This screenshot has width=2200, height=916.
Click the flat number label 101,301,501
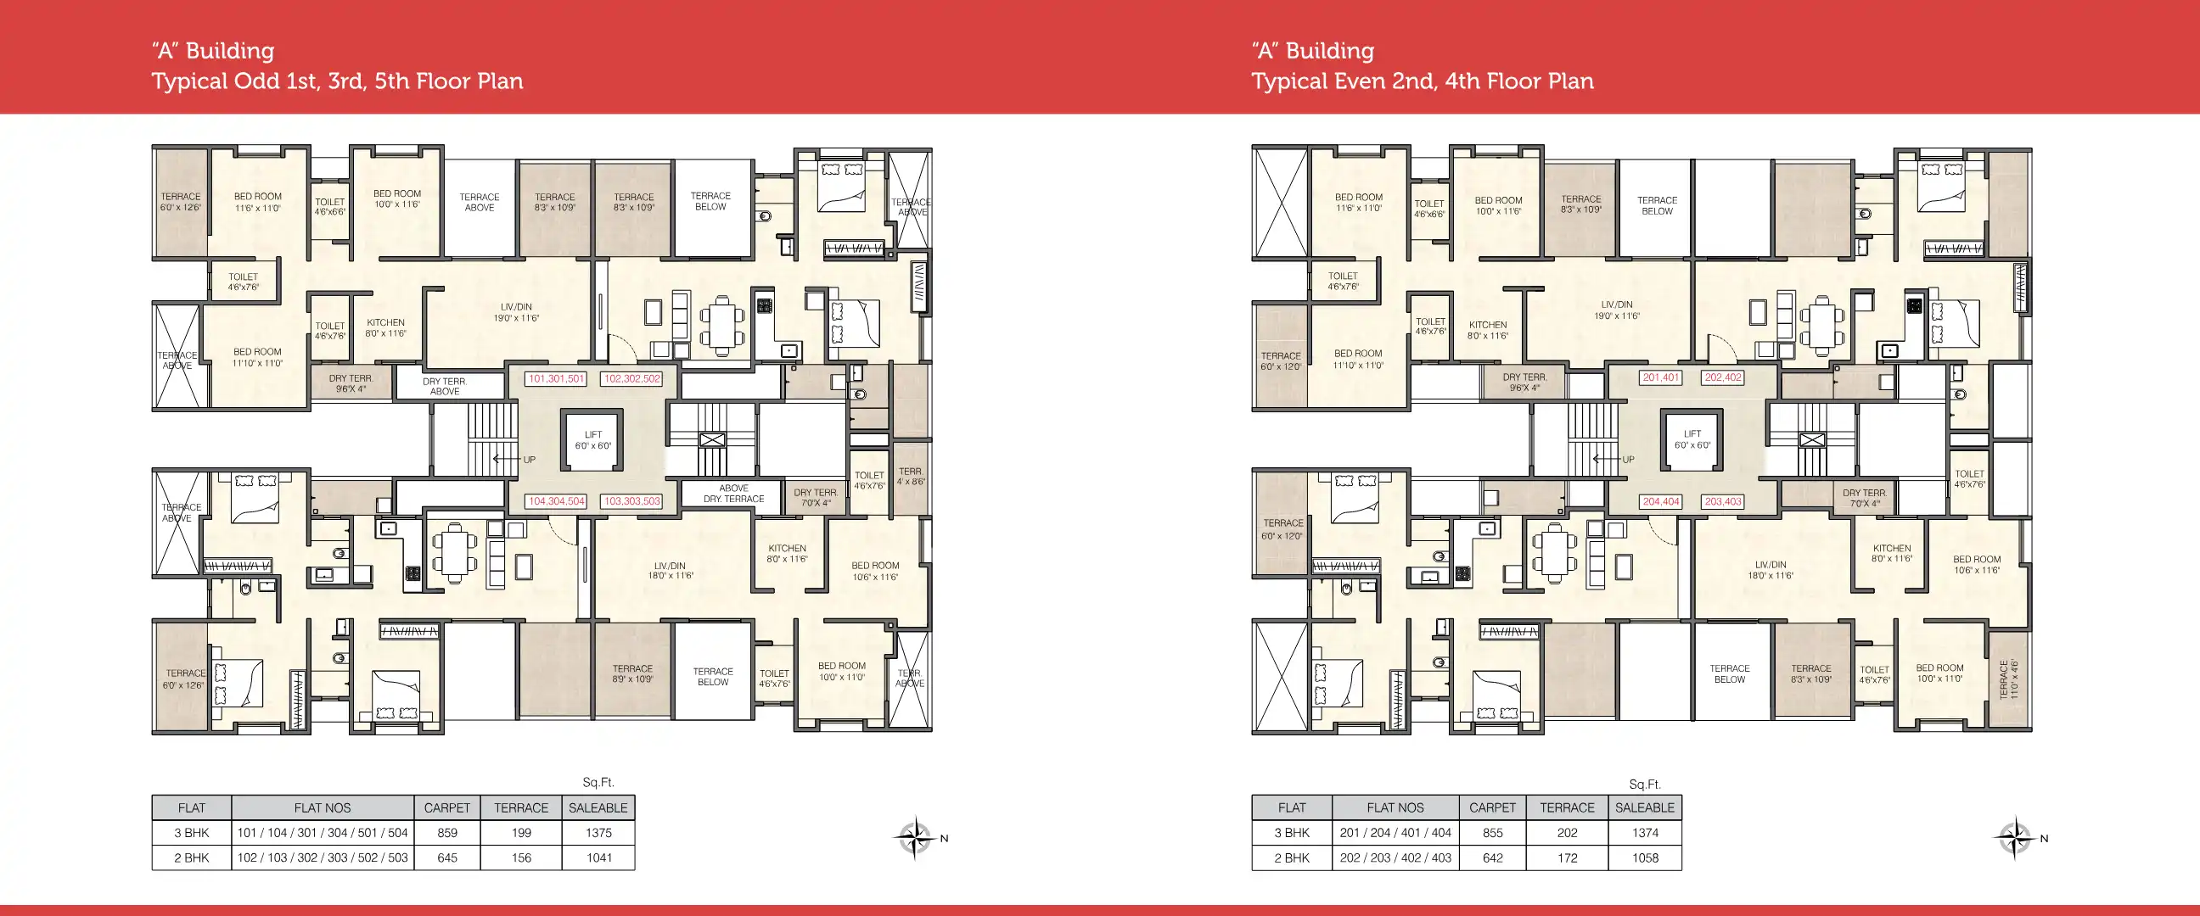pyautogui.click(x=556, y=378)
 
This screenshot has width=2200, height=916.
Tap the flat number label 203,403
pyautogui.click(x=1723, y=502)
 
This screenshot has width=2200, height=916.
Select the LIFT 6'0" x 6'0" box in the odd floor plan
pyautogui.click(x=592, y=439)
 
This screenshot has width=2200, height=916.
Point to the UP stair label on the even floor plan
pyautogui.click(x=1628, y=460)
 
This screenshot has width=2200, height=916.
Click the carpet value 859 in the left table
pyautogui.click(x=446, y=832)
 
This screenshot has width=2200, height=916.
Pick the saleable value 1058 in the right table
pyautogui.click(x=1644, y=858)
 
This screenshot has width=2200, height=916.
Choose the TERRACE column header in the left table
pyautogui.click(x=521, y=807)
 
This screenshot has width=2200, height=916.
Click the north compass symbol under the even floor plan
pyautogui.click(x=2015, y=837)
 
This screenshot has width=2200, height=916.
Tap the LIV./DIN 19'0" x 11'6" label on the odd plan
pyautogui.click(x=516, y=312)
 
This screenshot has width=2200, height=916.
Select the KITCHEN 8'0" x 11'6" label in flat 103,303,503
pyautogui.click(x=787, y=554)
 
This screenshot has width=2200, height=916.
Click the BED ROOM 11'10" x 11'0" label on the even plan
pyautogui.click(x=1358, y=359)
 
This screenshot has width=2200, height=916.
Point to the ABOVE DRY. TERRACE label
pyautogui.click(x=733, y=494)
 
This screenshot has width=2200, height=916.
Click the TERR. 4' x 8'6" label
pyautogui.click(x=911, y=477)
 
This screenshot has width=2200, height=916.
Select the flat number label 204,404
pyautogui.click(x=1660, y=502)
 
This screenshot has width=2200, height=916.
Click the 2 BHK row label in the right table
pyautogui.click(x=1291, y=858)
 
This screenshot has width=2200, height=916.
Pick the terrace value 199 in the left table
pyautogui.click(x=521, y=832)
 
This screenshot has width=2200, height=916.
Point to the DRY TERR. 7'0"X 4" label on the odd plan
pyautogui.click(x=815, y=498)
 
